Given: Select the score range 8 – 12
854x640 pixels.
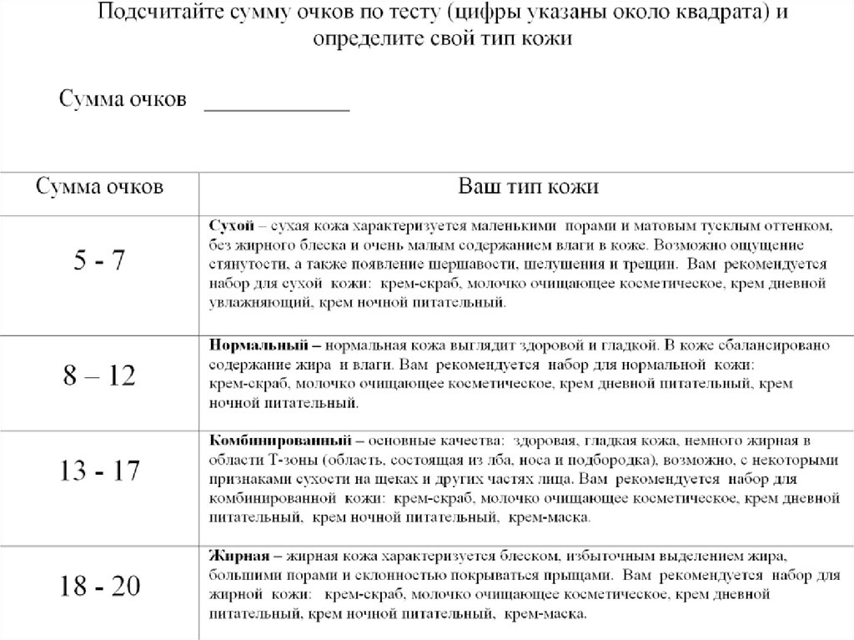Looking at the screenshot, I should pyautogui.click(x=98, y=376).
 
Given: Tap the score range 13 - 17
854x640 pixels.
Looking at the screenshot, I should pyautogui.click(x=98, y=471).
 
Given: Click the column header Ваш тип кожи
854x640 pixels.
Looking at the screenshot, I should pyautogui.click(x=529, y=186).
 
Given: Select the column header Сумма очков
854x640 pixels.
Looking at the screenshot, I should pyautogui.click(x=98, y=186).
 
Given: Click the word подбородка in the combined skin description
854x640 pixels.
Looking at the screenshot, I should pyautogui.click(x=610, y=459).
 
